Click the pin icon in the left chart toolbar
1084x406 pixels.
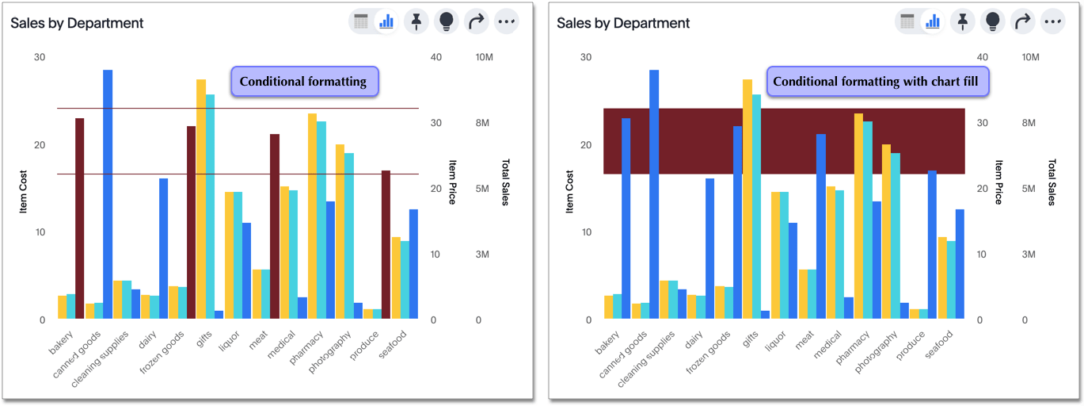[416, 22]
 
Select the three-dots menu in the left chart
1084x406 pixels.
[507, 22]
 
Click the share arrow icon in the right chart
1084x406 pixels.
[1023, 22]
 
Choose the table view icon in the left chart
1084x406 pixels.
[361, 22]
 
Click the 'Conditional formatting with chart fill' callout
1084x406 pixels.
[877, 82]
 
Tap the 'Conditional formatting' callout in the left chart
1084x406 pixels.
[304, 82]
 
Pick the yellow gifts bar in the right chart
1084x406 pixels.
[747, 198]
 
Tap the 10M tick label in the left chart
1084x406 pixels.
[485, 58]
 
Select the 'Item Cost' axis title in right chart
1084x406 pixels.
[569, 191]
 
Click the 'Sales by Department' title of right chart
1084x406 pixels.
[623, 23]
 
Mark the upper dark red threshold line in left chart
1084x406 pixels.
[238, 109]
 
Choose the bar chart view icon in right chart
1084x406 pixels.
[933, 22]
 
